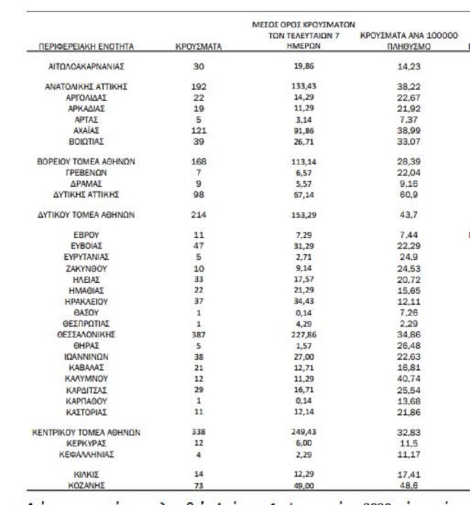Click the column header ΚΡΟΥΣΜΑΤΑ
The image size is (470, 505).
pyautogui.click(x=199, y=47)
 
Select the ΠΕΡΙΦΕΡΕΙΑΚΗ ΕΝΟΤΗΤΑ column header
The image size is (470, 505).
pyautogui.click(x=86, y=47)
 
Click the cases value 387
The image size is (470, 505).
pyautogui.click(x=199, y=334)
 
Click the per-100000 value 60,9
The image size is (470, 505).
pyautogui.click(x=408, y=194)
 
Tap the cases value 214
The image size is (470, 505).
pyautogui.click(x=199, y=215)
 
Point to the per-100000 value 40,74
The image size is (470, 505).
pyautogui.click(x=408, y=378)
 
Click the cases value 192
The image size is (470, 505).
pyautogui.click(x=199, y=86)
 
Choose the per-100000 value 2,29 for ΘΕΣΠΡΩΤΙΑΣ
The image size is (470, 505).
pyautogui.click(x=408, y=323)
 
